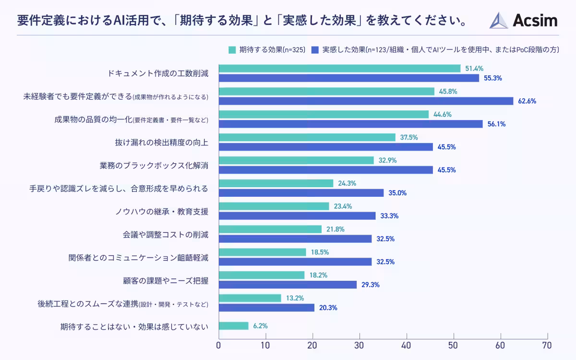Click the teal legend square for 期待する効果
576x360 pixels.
pyautogui.click(x=232, y=49)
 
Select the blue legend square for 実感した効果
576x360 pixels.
pyautogui.click(x=315, y=49)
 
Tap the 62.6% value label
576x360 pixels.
pyautogui.click(x=527, y=101)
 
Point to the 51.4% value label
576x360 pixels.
pyautogui.click(x=474, y=69)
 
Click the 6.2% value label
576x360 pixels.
pyautogui.click(x=260, y=326)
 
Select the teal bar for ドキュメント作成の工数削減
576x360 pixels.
pyautogui.click(x=339, y=69)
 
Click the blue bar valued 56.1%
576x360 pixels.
pyautogui.click(x=350, y=124)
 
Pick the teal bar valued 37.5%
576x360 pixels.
pyautogui.click(x=307, y=137)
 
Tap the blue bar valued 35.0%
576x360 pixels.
pyautogui.click(x=301, y=193)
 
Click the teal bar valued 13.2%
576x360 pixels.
pyautogui.click(x=250, y=298)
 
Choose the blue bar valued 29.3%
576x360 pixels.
pyautogui.click(x=288, y=285)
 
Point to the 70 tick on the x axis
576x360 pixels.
pyautogui.click(x=547, y=345)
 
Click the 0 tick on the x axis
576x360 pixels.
pyautogui.click(x=219, y=345)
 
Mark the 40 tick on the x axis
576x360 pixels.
pyautogui.click(x=407, y=345)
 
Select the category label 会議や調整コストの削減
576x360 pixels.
pyautogui.click(x=165, y=235)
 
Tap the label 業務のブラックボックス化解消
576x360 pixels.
pyautogui.click(x=154, y=166)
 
